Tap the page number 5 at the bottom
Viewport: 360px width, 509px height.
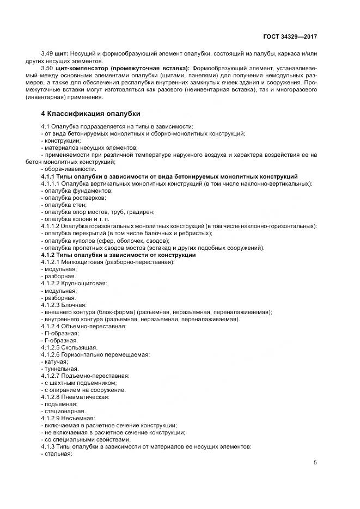[x=315, y=463]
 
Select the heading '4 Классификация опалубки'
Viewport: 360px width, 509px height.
[x=91, y=114]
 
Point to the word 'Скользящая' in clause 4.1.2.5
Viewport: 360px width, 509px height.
[x=80, y=347]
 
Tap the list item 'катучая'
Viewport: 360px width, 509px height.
[x=56, y=361]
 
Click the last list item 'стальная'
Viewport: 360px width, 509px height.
[x=58, y=453]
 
